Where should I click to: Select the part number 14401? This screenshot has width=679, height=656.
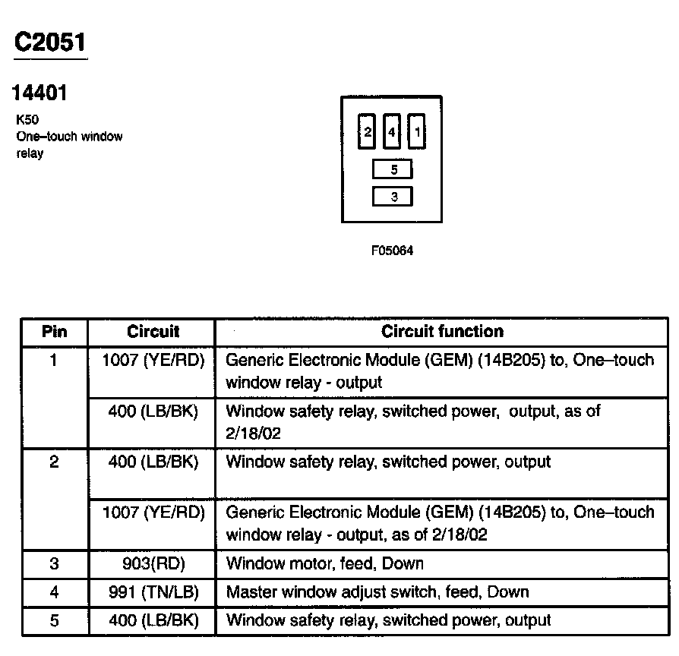(x=39, y=93)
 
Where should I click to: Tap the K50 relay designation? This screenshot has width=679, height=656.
(x=27, y=120)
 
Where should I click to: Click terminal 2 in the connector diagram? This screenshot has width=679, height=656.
(x=368, y=132)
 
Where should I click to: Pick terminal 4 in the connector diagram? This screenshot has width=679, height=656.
(x=392, y=132)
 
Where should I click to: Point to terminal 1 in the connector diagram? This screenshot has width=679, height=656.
(x=417, y=132)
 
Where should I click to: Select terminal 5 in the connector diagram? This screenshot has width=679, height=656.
(x=393, y=170)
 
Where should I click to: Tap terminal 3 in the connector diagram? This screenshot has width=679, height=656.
(x=393, y=197)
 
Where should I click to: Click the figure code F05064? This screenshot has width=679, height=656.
(x=392, y=251)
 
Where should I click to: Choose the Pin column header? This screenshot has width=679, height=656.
(x=54, y=331)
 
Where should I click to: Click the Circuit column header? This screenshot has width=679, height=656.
(x=153, y=331)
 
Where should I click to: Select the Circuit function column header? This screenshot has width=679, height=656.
(x=442, y=331)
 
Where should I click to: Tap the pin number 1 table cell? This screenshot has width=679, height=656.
(x=54, y=360)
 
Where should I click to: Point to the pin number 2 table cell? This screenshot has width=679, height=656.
(x=54, y=462)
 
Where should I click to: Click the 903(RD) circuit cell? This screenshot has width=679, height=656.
(x=153, y=563)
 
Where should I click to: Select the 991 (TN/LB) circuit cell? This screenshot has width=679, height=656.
(x=153, y=591)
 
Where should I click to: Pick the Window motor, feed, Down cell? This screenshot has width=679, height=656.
(x=325, y=563)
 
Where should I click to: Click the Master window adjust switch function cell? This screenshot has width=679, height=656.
(x=377, y=591)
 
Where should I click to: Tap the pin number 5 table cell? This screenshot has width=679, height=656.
(x=54, y=620)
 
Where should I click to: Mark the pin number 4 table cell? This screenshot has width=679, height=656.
(x=54, y=591)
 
